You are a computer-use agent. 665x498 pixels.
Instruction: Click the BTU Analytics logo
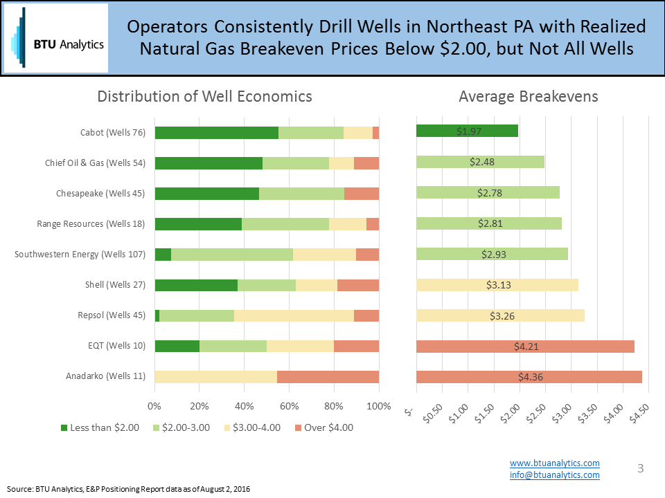[x=56, y=38]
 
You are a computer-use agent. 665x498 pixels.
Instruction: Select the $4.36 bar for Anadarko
[x=529, y=377]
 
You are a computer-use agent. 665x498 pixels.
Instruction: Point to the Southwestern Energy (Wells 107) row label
[x=80, y=255]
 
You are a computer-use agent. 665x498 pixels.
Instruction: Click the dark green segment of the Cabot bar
[x=216, y=133]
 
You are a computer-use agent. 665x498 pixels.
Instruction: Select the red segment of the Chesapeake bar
[x=361, y=194]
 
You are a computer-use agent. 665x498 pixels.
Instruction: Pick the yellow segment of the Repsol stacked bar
[x=294, y=315]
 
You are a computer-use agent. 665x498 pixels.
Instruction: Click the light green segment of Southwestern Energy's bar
[x=231, y=255]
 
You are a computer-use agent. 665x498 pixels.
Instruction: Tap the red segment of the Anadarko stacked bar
[x=328, y=377]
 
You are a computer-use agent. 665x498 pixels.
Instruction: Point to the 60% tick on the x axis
[x=289, y=406]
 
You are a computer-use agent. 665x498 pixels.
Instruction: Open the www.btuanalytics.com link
[x=554, y=463]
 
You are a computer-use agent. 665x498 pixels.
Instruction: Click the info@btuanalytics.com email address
[x=554, y=474]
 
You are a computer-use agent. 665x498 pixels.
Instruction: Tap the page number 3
[x=640, y=469]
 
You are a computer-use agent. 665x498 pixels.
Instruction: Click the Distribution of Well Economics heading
[x=204, y=96]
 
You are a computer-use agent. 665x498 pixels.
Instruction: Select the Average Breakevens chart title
[x=528, y=96]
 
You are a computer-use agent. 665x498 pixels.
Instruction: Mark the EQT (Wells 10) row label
[x=116, y=346]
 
